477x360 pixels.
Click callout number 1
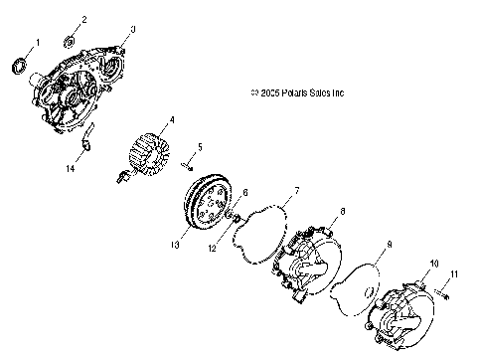point(38,42)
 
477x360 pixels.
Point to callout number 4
point(171,120)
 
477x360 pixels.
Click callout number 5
point(200,147)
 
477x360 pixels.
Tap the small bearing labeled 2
point(71,41)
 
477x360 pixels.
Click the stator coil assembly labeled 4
point(152,157)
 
